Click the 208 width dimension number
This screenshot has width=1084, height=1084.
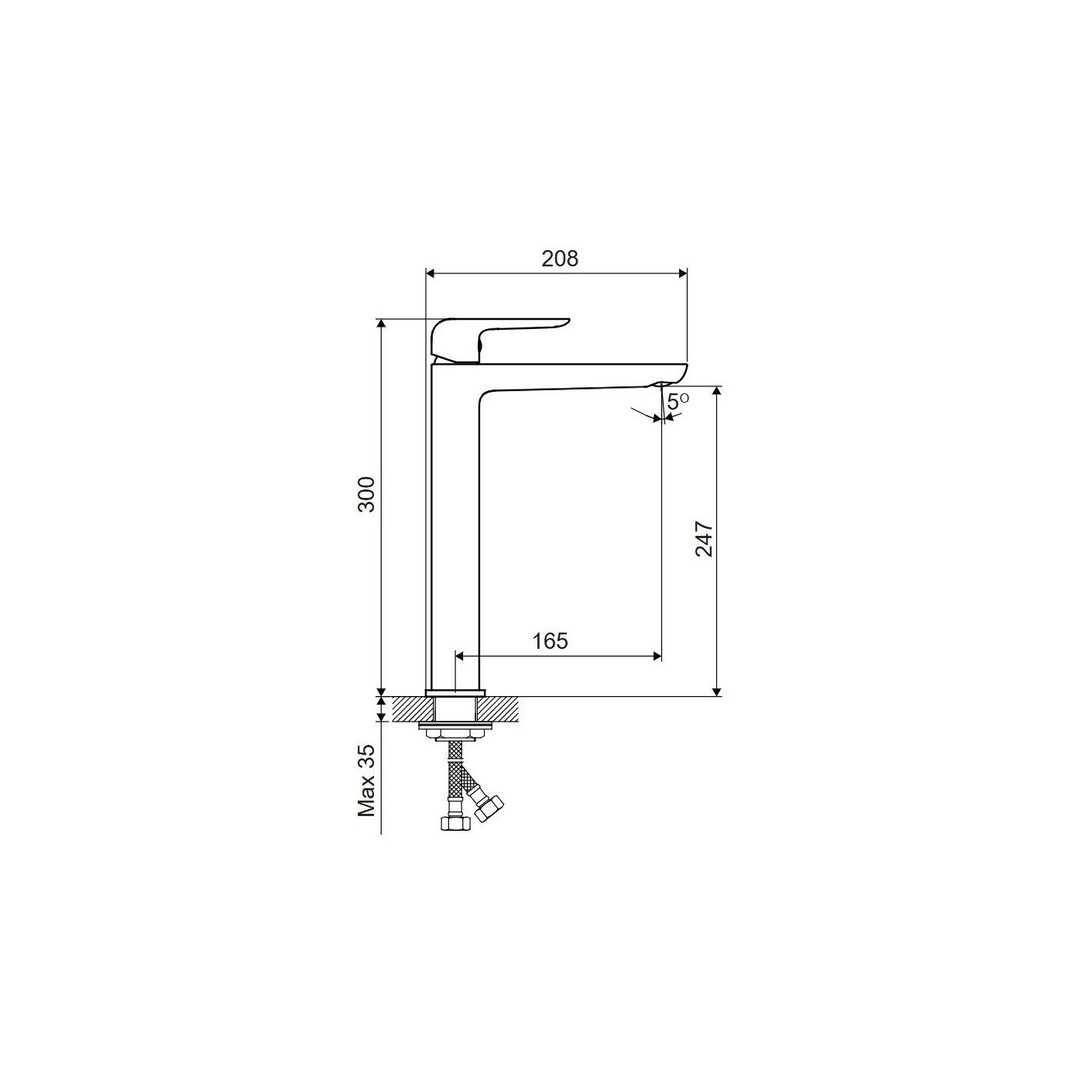click(x=560, y=258)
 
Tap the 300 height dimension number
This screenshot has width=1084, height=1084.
click(x=366, y=494)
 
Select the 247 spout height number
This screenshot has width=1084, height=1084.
click(x=704, y=538)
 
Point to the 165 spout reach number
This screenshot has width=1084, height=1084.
click(x=551, y=641)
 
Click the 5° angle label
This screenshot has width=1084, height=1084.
click(x=677, y=402)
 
